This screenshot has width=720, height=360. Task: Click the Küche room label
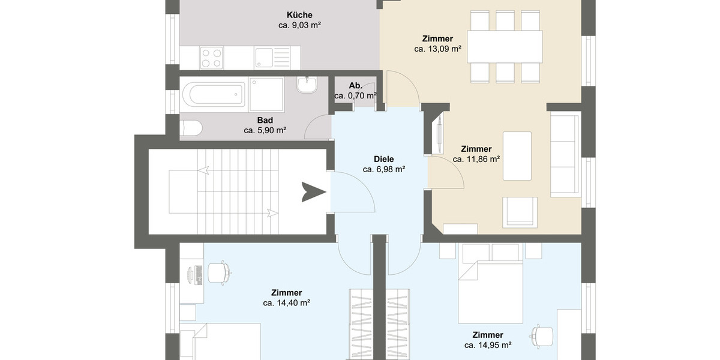(299, 15)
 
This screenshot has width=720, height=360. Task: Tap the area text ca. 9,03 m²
(299, 25)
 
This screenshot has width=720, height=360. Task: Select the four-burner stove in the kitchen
(211, 58)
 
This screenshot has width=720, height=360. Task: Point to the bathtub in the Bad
(214, 94)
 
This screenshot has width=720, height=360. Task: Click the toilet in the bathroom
(191, 128)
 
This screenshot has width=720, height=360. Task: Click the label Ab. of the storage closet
(355, 86)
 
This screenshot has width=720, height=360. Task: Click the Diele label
(383, 159)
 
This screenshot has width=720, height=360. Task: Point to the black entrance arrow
(313, 192)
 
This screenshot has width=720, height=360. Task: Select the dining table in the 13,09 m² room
(505, 46)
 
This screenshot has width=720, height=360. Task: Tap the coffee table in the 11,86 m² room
(517, 155)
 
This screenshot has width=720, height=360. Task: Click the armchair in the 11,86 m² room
(520, 211)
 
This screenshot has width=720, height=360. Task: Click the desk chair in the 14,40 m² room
(218, 272)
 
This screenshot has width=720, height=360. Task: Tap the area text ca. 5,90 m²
(265, 130)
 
